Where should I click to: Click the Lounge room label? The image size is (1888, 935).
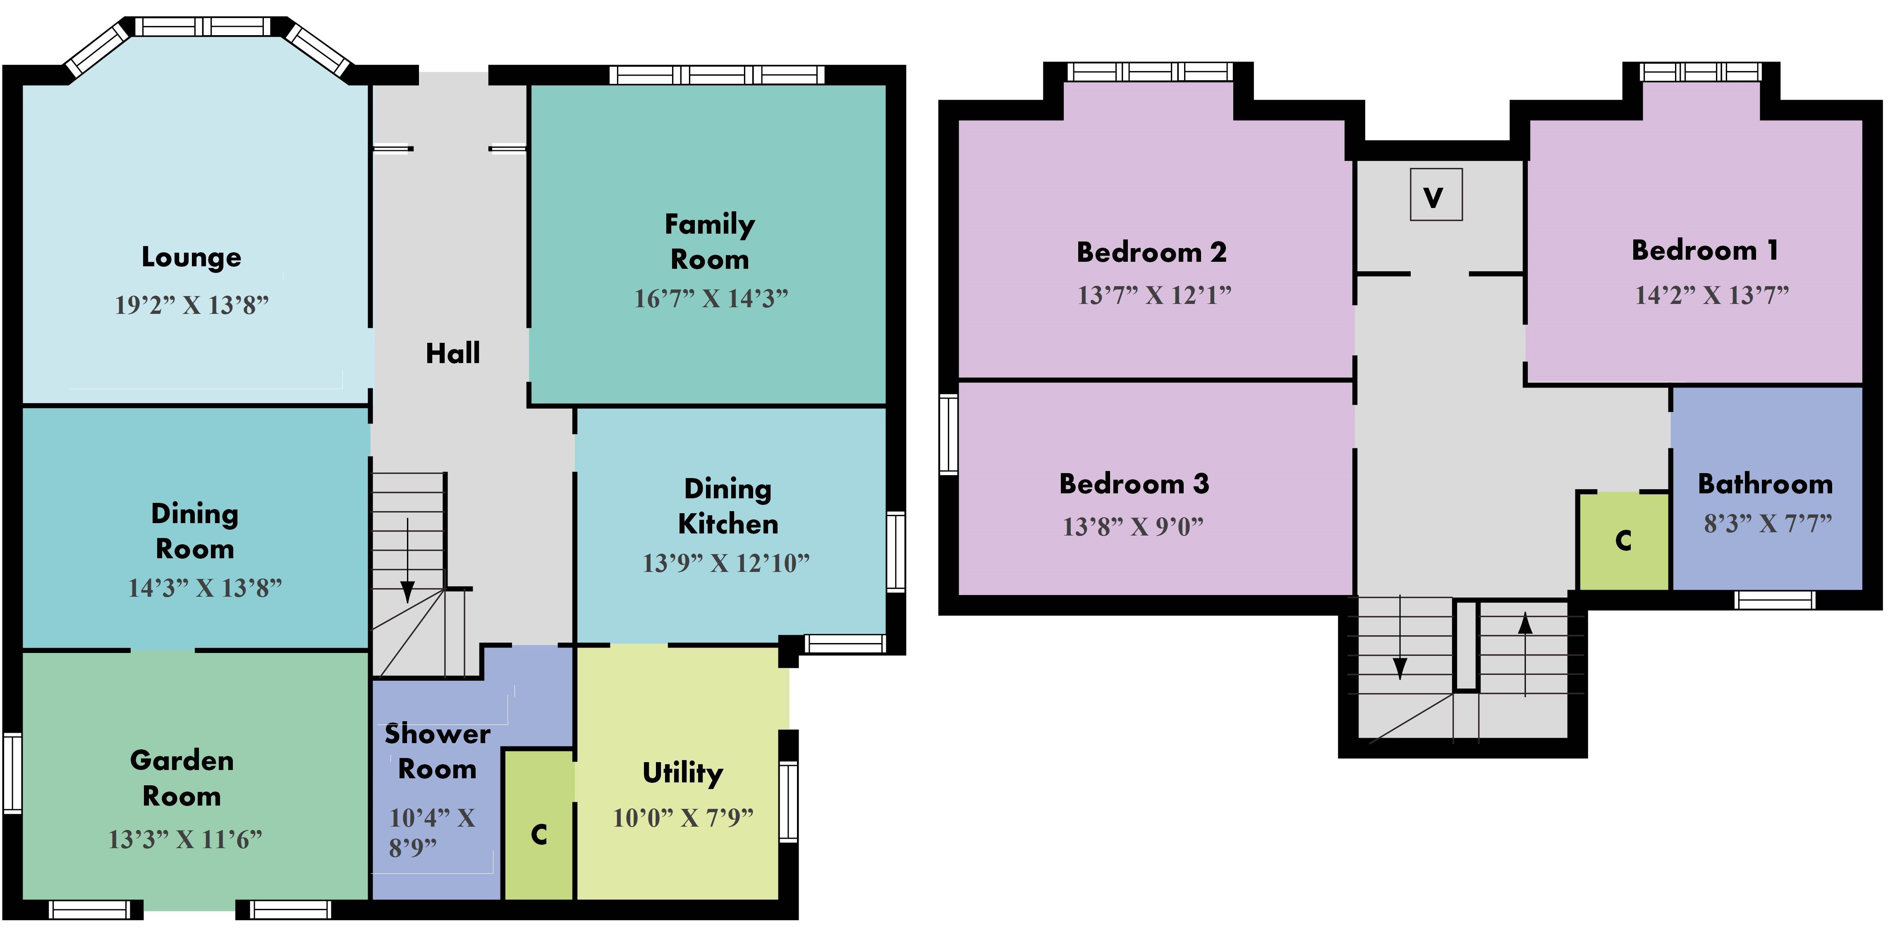(191, 257)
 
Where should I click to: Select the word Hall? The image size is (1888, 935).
(453, 353)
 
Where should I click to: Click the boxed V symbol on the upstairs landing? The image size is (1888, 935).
(1436, 195)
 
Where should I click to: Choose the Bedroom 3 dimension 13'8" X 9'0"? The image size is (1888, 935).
(1133, 526)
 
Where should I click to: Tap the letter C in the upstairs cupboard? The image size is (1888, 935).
(1623, 541)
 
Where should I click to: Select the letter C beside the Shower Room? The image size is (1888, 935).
(539, 835)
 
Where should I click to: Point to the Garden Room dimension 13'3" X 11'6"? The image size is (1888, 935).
(185, 839)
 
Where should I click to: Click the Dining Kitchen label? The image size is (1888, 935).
(728, 506)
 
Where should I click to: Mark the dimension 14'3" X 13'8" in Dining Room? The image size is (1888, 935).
(204, 588)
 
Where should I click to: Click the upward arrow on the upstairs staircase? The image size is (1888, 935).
(1525, 654)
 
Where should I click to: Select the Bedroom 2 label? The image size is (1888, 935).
(1151, 252)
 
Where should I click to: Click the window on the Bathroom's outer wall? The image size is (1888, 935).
(1774, 600)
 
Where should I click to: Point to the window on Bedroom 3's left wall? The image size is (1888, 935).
(948, 434)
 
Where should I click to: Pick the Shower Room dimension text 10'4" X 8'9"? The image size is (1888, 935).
(432, 832)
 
